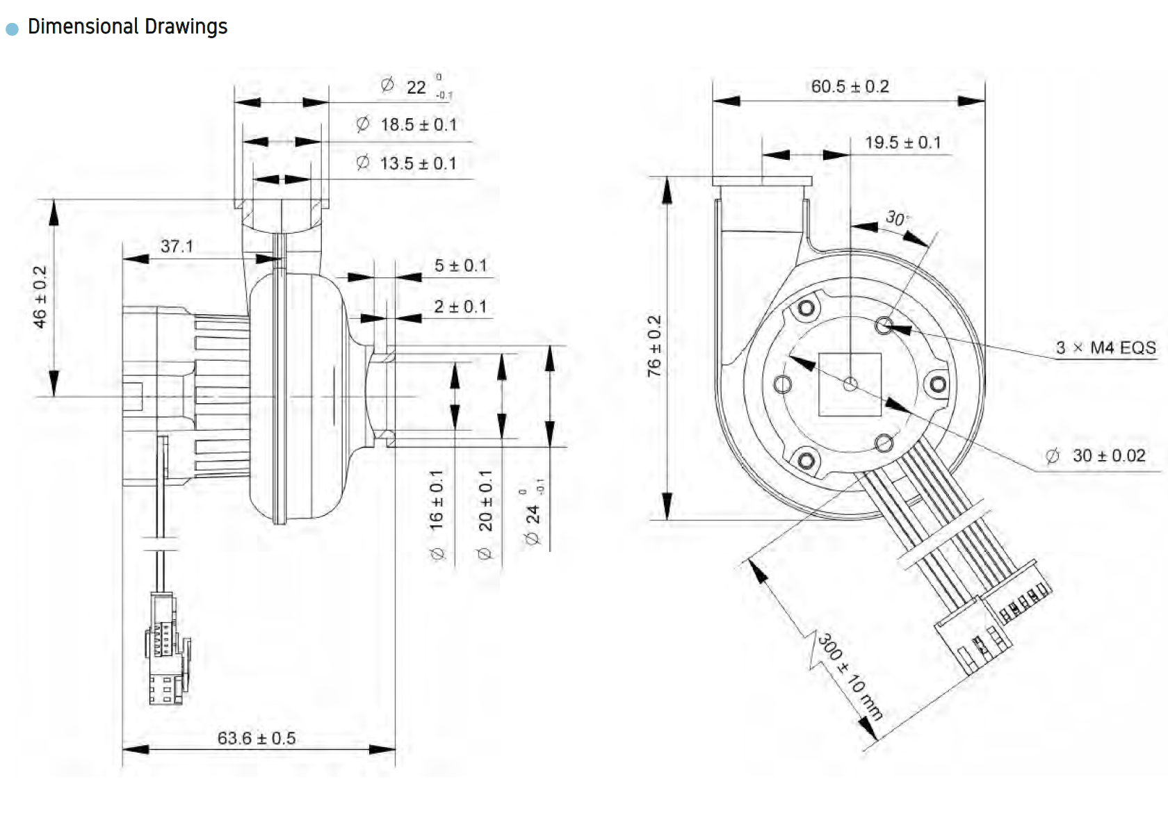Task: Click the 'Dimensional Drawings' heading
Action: (x=127, y=26)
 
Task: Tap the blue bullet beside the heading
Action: (x=12, y=28)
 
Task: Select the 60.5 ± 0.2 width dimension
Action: (x=850, y=86)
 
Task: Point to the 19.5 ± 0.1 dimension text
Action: (x=902, y=142)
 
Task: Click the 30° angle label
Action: (x=896, y=218)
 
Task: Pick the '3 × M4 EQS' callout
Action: (x=1105, y=347)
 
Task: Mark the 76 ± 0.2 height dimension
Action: (x=654, y=346)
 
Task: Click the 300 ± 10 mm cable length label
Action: (x=850, y=676)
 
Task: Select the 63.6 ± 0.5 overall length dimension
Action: (x=257, y=738)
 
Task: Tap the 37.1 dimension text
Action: (x=177, y=246)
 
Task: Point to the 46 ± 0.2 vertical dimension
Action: (x=40, y=297)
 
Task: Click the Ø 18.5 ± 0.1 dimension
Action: (x=407, y=124)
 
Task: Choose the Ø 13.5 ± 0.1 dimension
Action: (x=407, y=163)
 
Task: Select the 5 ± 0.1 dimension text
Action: (x=460, y=265)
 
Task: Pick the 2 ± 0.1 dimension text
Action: (x=460, y=306)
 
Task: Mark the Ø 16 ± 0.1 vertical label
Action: (x=437, y=514)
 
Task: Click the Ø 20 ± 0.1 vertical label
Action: (x=485, y=514)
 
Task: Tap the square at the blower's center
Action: (x=850, y=384)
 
